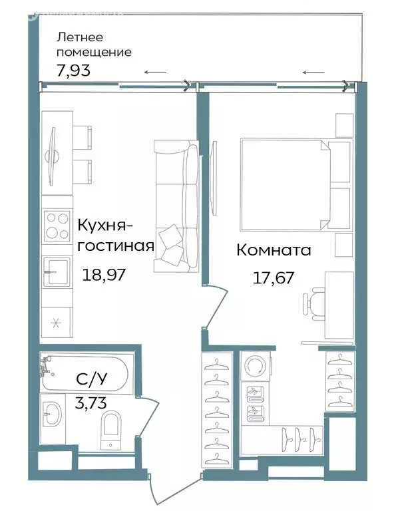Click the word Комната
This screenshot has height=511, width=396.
pyautogui.click(x=274, y=250)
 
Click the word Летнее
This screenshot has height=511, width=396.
pyautogui.click(x=79, y=37)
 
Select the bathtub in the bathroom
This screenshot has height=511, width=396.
pyautogui.click(x=87, y=374)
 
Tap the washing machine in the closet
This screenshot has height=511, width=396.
pyautogui.click(x=254, y=366)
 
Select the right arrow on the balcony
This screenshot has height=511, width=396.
pyautogui.click(x=313, y=72)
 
